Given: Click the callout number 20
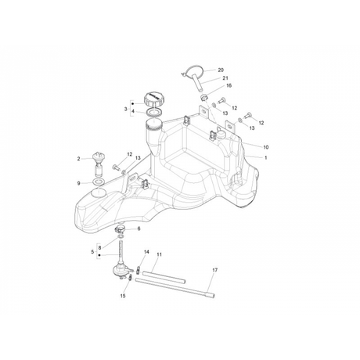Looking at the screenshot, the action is pos(221,70).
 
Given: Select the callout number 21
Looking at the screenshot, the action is pos(225,78).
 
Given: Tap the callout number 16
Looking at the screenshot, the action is pos(229,85).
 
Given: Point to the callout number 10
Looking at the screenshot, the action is pos(266,147).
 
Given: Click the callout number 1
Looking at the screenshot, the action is pos(266,157).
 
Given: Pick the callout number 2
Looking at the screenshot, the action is pos(78,159).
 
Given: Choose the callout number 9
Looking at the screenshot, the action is pos(78,183).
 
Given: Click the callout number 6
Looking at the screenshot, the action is pos(139,229).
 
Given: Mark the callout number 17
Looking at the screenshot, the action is pos(214,270).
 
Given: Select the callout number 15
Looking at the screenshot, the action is pos(123,296).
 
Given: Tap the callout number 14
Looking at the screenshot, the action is pos(146,252).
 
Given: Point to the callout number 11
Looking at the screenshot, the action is pos(160,254).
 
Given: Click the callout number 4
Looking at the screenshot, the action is pos(133,111).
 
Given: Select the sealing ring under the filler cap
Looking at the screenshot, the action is pos(154,113).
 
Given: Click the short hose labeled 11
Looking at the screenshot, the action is pos(164,277).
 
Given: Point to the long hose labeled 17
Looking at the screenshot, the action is pos(175,288).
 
